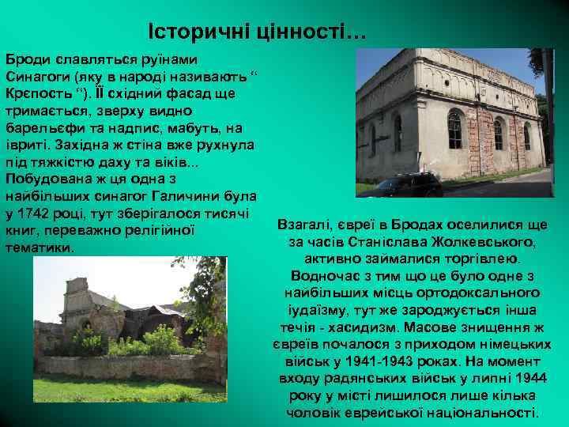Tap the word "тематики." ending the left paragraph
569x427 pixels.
40,248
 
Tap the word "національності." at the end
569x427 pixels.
491,412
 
